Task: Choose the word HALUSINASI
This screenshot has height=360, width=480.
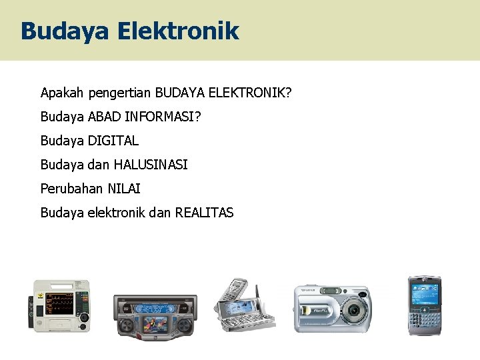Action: [151, 164]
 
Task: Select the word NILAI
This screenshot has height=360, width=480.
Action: [122, 189]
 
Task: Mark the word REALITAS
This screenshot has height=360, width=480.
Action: [204, 213]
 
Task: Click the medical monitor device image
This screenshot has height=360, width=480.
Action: [61, 305]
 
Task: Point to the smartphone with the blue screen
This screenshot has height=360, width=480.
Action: [425, 305]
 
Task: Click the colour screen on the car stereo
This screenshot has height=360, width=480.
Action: [153, 326]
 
